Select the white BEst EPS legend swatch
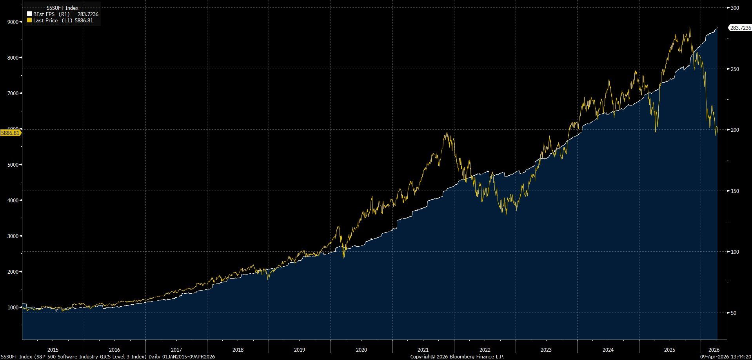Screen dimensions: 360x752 coord(29,14)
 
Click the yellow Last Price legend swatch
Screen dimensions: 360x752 coord(29,20)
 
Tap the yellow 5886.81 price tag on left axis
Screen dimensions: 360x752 coord(11,133)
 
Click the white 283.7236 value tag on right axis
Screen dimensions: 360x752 coord(739,28)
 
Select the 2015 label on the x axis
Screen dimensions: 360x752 coord(53,350)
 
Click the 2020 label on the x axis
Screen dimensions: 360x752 coord(361,350)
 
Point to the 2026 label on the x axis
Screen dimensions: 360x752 coord(714,350)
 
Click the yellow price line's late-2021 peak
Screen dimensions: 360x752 coord(447,133)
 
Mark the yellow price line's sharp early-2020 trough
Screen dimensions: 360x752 coord(343,257)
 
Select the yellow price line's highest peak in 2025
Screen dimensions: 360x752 coord(690,28)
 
